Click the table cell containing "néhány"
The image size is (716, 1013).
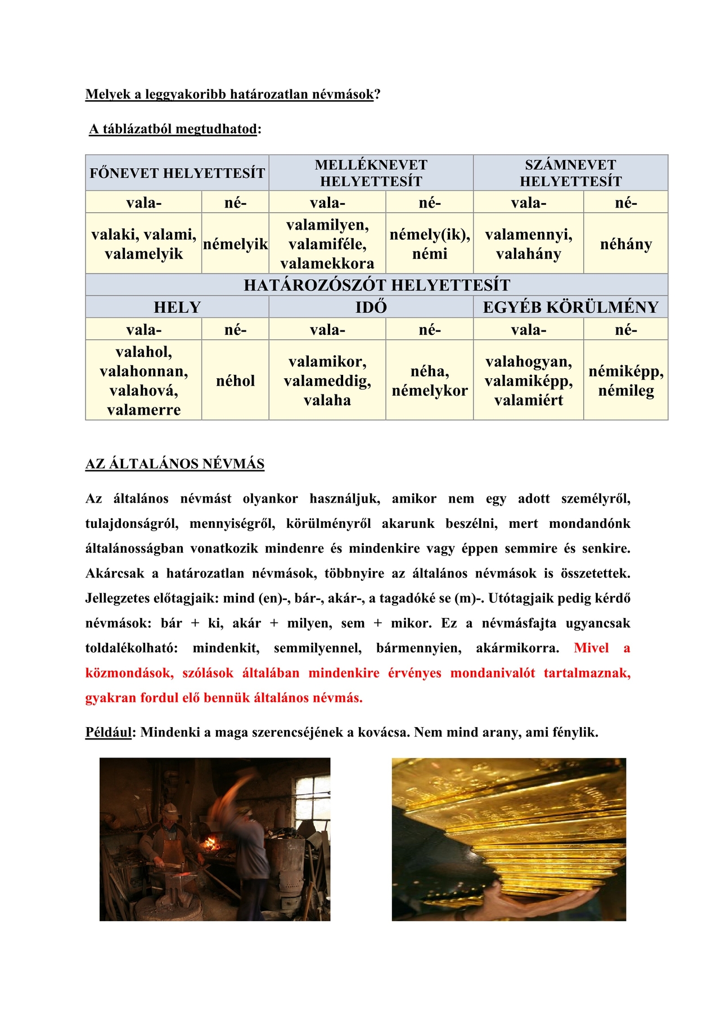point(625,244)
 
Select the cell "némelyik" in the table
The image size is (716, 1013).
point(235,244)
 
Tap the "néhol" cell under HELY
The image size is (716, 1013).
point(235,380)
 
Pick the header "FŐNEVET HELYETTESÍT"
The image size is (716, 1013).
point(177,173)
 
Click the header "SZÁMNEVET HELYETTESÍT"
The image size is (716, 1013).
point(570,173)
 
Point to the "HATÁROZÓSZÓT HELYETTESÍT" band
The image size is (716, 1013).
point(376,285)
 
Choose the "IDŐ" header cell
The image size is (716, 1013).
point(371,307)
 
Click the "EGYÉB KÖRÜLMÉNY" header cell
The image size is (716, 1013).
point(570,307)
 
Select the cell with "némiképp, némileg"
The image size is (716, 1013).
point(625,380)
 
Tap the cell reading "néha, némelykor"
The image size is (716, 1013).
point(429,380)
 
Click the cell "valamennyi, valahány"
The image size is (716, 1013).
point(528,244)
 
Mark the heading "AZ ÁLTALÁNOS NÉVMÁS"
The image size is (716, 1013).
point(175,464)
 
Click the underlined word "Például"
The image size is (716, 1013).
point(108,732)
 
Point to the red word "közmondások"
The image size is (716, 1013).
point(129,673)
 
